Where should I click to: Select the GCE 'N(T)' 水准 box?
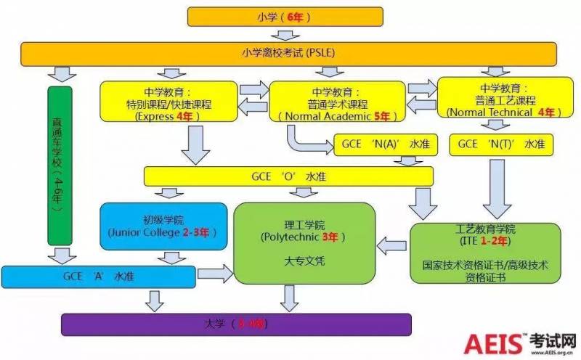(500, 144)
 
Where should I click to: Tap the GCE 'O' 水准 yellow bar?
(288, 176)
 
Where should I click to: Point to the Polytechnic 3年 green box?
(304, 242)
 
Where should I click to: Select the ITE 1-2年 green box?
(485, 251)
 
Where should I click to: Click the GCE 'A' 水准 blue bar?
(98, 276)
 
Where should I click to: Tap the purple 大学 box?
(236, 324)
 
